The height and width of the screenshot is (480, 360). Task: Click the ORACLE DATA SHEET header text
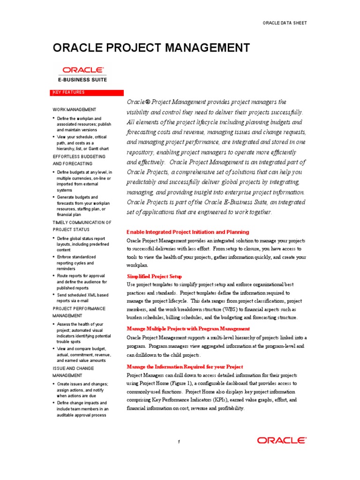[285, 23]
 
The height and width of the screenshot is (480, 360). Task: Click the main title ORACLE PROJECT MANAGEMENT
[151, 48]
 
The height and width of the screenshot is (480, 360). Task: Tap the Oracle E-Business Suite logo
[82, 74]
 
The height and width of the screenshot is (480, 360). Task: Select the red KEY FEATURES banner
[88, 93]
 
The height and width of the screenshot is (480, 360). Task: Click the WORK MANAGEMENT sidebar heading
[74, 109]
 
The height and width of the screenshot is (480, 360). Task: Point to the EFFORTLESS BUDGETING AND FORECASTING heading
[79, 160]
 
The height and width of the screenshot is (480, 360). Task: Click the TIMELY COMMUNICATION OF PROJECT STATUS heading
[82, 226]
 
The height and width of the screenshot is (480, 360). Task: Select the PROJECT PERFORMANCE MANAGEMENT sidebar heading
[79, 312]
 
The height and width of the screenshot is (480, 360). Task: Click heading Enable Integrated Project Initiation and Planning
[188, 232]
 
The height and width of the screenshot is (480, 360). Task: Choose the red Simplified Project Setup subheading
[154, 276]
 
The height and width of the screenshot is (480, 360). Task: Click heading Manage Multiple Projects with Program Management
[188, 329]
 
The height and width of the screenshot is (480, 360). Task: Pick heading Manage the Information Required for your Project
[185, 366]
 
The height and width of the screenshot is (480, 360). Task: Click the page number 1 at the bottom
[179, 442]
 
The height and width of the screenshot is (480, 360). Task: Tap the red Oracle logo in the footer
[282, 440]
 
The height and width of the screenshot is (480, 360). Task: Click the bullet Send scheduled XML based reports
[82, 298]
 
